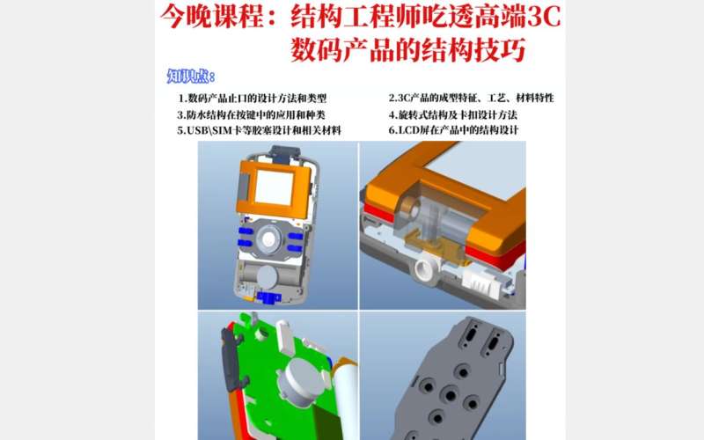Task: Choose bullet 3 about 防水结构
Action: click(x=252, y=114)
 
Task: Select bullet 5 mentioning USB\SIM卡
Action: click(x=260, y=130)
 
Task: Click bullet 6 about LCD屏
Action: click(x=453, y=130)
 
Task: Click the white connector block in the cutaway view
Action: click(x=484, y=283)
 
